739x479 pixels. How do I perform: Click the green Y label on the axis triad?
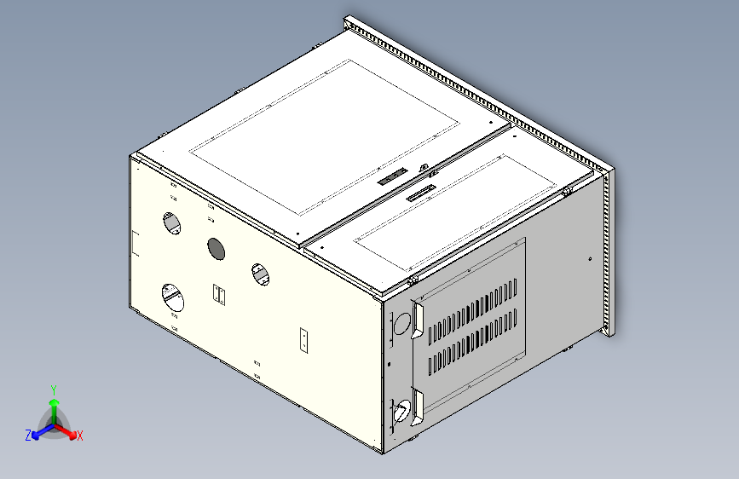point(53,389)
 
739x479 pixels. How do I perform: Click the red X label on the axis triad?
point(79,436)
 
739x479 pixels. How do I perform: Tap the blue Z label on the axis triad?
point(28,435)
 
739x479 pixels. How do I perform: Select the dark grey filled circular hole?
point(216,249)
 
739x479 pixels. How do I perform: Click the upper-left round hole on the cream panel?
point(172,223)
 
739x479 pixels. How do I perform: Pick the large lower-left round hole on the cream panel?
point(173,298)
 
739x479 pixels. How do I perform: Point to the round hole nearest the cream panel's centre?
point(259,274)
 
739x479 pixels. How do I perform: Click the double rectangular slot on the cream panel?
point(220,295)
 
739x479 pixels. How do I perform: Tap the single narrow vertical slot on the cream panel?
point(303,339)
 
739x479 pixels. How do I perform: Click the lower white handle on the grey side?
point(417,407)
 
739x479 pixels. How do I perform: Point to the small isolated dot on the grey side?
point(590,258)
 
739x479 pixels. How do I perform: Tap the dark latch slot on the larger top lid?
point(392,177)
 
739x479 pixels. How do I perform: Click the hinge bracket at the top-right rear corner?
point(567,191)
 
